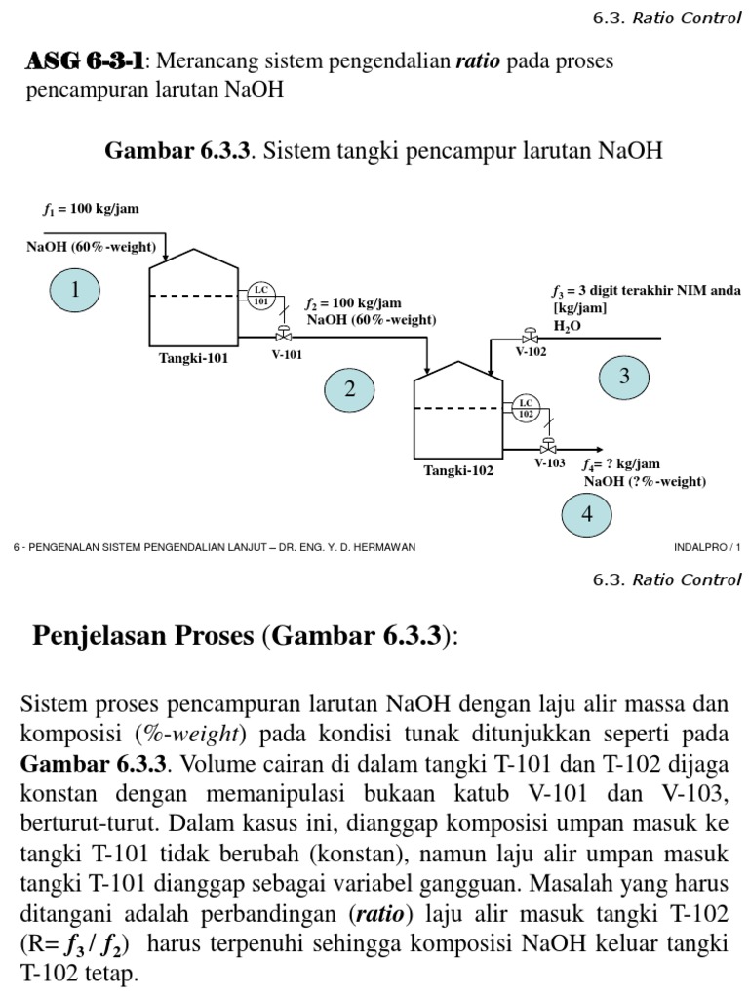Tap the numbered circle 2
click(350, 389)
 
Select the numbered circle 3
click(625, 377)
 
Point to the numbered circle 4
click(587, 514)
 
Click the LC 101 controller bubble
click(260, 295)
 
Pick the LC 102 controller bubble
click(526, 407)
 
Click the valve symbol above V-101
click(284, 334)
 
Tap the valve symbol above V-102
click(530, 334)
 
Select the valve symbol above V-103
click(549, 446)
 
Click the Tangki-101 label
click(193, 358)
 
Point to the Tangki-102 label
click(457, 470)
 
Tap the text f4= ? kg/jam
click(620, 464)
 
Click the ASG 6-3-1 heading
click(85, 61)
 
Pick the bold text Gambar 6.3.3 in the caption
click(177, 151)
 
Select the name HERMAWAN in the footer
click(382, 547)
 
